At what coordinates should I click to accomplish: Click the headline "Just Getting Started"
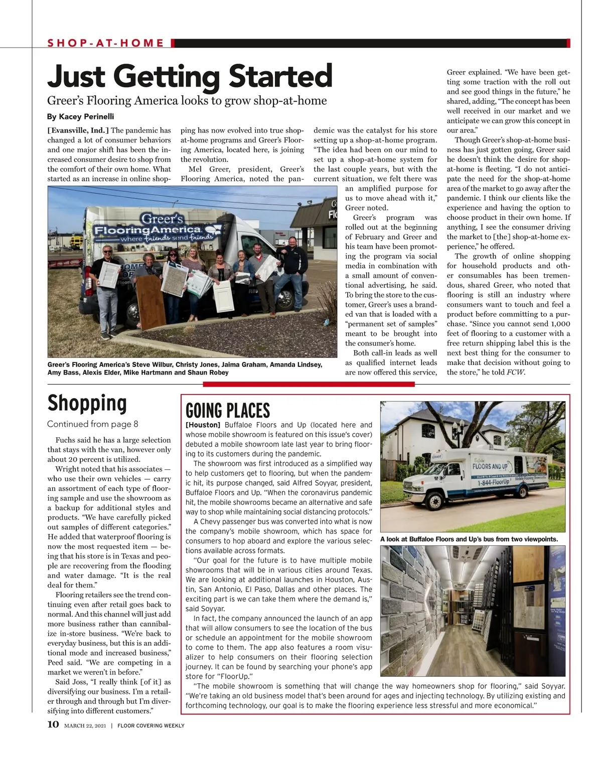190,76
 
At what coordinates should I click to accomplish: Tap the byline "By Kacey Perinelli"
80,117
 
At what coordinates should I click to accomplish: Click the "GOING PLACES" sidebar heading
228,411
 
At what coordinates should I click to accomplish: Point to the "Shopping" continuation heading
87,403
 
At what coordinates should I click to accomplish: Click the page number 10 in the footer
53,724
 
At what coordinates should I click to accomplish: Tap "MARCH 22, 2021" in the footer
85,725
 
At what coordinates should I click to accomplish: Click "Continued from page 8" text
92,424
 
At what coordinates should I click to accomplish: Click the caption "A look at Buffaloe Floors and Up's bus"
469,539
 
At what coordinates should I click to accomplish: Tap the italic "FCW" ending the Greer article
516,372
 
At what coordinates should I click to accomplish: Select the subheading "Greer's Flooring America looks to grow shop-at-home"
187,101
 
